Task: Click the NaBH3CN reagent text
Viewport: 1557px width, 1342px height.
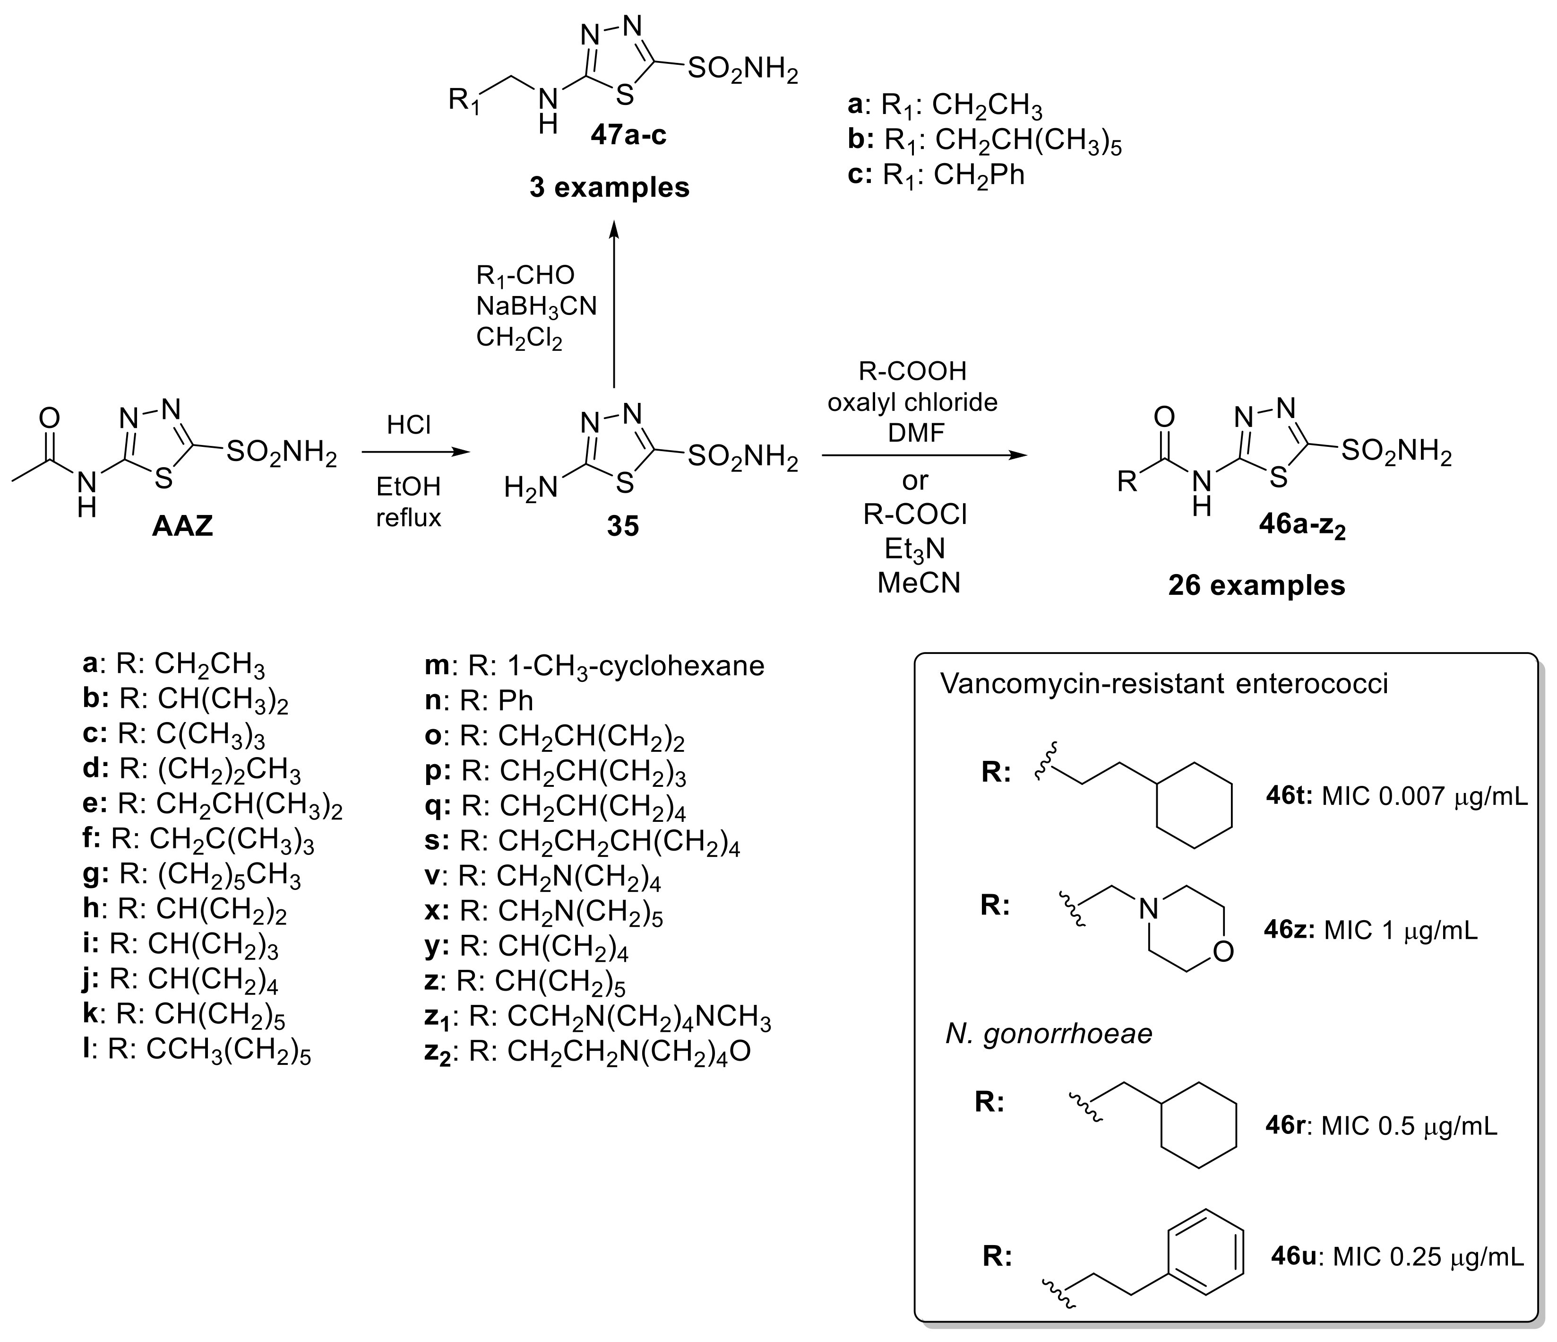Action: tap(536, 307)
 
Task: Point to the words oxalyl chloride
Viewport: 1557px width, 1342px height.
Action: tap(912, 402)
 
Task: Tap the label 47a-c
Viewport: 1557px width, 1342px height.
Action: tap(628, 136)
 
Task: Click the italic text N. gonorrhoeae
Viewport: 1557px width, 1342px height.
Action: tap(1048, 1034)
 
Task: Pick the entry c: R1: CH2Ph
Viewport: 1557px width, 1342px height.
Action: tap(936, 175)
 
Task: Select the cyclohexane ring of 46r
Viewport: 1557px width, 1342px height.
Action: tap(1198, 1125)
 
